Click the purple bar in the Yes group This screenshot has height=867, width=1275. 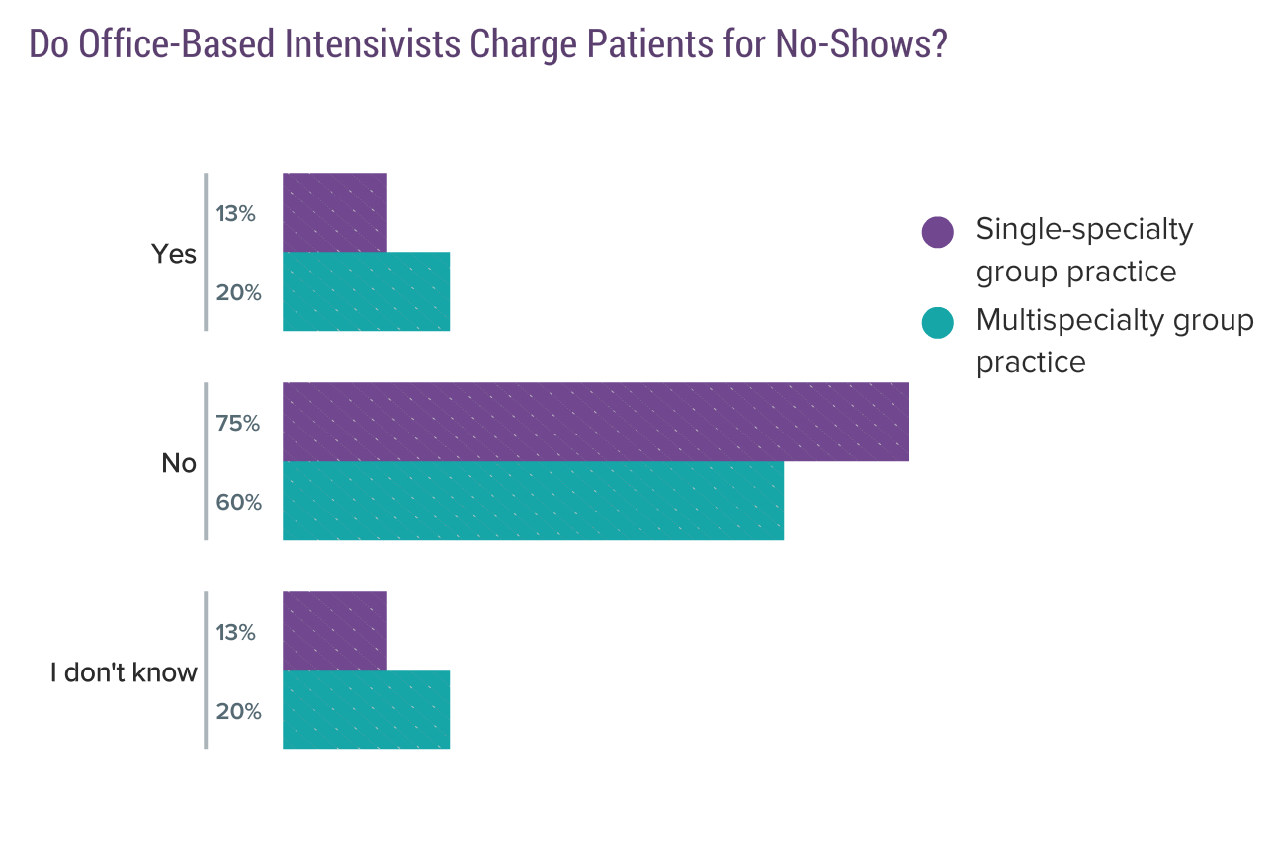tap(334, 212)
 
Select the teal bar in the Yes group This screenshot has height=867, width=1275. tap(366, 291)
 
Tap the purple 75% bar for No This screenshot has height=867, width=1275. tap(595, 422)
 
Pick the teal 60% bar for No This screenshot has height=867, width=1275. tap(533, 501)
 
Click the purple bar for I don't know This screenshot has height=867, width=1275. tap(334, 631)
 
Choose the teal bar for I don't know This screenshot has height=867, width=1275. tap(366, 710)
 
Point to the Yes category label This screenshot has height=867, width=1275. tap(174, 254)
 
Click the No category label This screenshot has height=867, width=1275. tap(179, 463)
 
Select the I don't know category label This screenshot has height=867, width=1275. tap(124, 673)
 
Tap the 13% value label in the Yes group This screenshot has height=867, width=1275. tap(236, 213)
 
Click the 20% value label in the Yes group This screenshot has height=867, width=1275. tap(238, 292)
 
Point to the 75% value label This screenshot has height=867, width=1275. tap(238, 423)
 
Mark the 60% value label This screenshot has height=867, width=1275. tap(239, 502)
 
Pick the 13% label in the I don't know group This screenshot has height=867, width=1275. tap(236, 632)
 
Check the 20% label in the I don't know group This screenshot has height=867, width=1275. tap(238, 711)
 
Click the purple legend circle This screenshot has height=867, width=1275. tap(937, 232)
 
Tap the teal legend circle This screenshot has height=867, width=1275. tap(937, 322)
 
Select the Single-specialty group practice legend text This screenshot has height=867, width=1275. tap(1083, 250)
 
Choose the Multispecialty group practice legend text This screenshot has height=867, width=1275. tap(1114, 341)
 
